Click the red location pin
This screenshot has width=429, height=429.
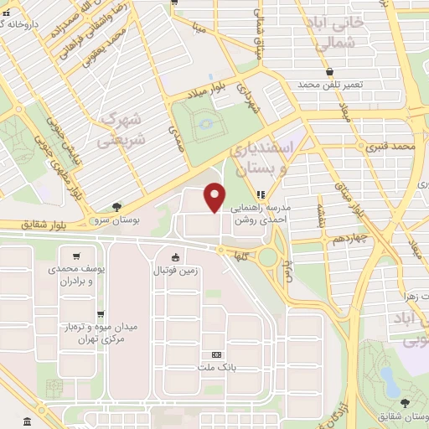coord(215,196)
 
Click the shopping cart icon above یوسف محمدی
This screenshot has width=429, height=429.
coord(77,256)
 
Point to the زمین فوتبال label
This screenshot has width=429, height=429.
coord(173,270)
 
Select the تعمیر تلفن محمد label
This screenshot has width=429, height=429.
coord(332,85)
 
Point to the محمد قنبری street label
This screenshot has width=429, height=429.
coord(391,147)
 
